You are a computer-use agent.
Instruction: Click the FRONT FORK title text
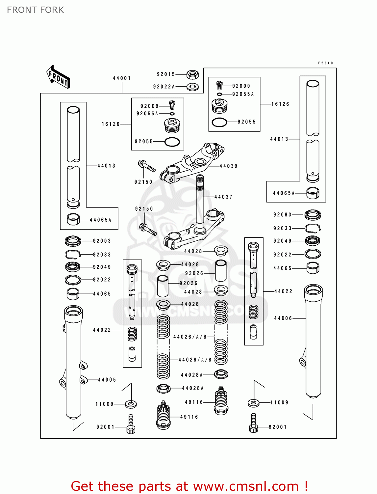35,10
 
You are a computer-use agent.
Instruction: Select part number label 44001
122,78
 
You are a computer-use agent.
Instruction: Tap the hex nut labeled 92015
192,74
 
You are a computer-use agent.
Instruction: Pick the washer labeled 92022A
192,87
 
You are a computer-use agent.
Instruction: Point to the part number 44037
223,197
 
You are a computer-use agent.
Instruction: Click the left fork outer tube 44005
73,362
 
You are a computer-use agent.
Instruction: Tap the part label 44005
107,380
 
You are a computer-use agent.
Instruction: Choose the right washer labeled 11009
253,402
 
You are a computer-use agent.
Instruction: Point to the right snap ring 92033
313,228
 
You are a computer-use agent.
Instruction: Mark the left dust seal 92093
73,241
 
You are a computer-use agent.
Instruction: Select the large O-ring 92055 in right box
219,122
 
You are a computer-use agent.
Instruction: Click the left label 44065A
100,220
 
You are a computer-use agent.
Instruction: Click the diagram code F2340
325,63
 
